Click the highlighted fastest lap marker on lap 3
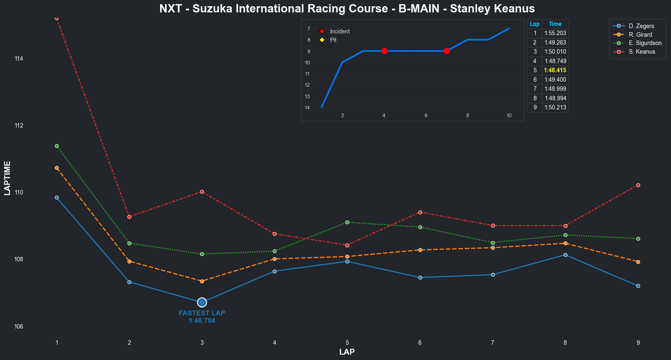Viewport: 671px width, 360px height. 202,303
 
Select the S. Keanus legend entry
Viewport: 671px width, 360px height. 642,52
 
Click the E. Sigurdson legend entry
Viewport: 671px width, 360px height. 645,43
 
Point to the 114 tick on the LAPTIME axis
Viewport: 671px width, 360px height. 19,59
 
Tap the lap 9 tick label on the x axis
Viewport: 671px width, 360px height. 638,343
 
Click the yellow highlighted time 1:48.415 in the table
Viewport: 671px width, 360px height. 555,70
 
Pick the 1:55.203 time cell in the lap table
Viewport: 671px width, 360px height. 555,33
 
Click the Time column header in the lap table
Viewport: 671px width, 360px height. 555,24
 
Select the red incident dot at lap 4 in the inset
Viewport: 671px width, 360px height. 384,51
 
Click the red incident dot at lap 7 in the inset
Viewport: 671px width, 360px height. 447,51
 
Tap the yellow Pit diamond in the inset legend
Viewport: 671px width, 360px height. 322,40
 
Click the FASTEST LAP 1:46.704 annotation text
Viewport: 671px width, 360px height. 202,317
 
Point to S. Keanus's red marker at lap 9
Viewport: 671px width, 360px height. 638,185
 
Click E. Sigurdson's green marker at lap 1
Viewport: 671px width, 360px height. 57,146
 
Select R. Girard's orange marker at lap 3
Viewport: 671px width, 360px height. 202,281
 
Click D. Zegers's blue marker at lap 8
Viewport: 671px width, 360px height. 565,255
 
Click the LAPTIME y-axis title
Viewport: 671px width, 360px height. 7,178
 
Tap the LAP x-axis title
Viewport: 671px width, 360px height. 347,352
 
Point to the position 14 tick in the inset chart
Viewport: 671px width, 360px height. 307,108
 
